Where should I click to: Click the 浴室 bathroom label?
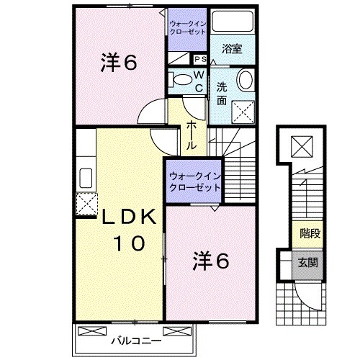[231, 50]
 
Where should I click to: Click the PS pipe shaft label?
[199, 60]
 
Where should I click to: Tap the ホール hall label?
[192, 135]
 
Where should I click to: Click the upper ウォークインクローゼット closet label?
[188, 27]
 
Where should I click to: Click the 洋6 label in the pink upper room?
[118, 63]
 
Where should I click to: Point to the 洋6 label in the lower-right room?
[210, 261]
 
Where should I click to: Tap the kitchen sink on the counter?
[85, 177]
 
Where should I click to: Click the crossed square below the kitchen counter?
[86, 205]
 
